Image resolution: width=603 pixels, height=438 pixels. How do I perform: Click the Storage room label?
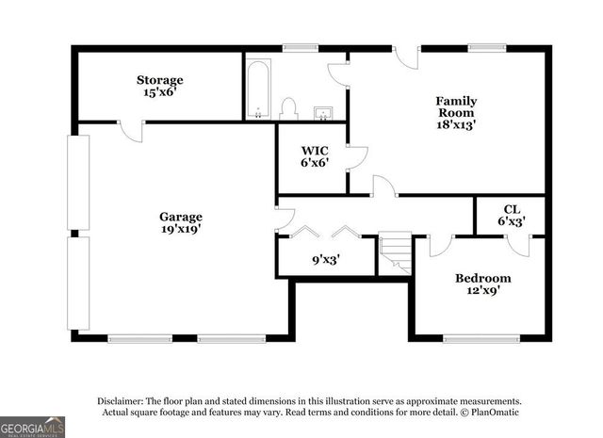click(x=159, y=80)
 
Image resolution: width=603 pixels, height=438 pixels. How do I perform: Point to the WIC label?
click(x=314, y=151)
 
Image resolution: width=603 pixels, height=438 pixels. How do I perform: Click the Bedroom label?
click(x=482, y=278)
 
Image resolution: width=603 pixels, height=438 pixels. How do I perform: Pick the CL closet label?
click(x=511, y=209)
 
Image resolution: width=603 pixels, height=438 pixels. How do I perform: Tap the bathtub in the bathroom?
click(x=258, y=89)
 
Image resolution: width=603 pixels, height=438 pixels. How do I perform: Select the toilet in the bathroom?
click(x=289, y=109)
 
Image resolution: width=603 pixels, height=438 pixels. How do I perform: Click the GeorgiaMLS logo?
click(x=32, y=426)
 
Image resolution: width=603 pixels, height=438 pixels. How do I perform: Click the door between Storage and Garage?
click(x=132, y=130)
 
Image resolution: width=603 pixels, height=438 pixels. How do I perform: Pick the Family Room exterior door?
click(x=406, y=57)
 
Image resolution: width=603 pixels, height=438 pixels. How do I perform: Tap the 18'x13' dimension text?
click(x=455, y=123)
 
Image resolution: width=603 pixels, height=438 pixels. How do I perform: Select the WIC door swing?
click(x=356, y=157)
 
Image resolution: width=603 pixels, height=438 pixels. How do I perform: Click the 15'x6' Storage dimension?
click(x=159, y=93)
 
